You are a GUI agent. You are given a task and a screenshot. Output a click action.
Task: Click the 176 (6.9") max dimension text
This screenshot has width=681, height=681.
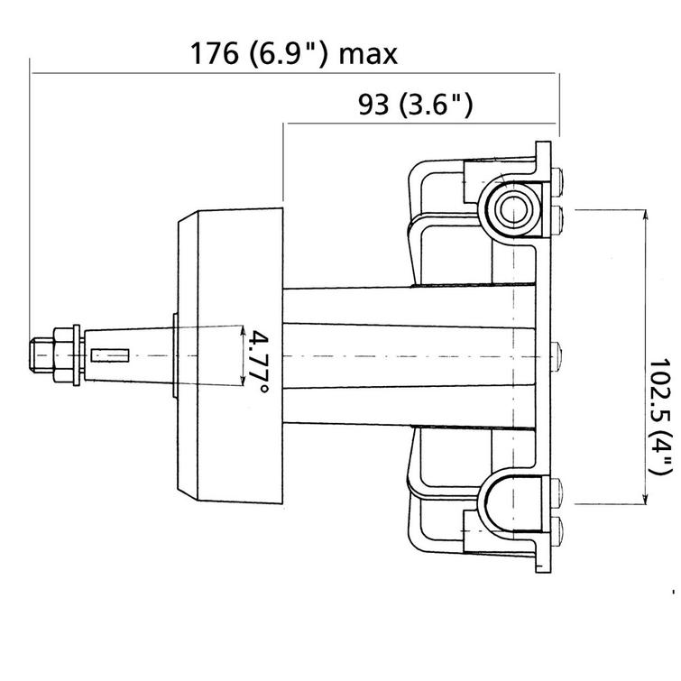(x=293, y=54)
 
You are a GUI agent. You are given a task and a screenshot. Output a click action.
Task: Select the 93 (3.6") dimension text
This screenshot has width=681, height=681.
(x=415, y=106)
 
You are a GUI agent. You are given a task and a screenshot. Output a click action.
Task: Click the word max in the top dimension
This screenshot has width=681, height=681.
(x=367, y=55)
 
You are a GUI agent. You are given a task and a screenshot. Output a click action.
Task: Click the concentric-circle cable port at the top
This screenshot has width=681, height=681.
(x=512, y=207)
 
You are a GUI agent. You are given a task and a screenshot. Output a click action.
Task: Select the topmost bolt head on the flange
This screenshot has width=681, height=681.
(x=557, y=179)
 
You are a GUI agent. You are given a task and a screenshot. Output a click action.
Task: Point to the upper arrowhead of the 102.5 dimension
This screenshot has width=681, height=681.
(x=646, y=215)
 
